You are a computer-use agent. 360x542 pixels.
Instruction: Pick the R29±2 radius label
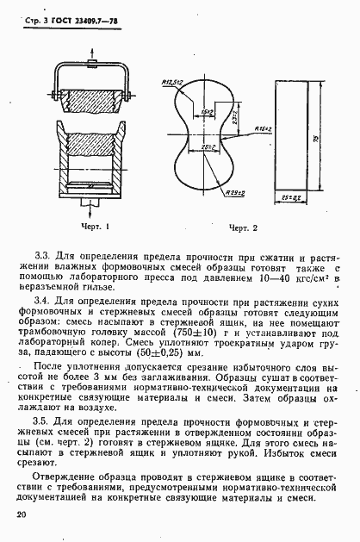[234, 194]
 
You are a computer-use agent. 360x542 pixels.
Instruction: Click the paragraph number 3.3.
[41, 257]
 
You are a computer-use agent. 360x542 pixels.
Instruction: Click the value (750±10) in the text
[200, 332]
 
